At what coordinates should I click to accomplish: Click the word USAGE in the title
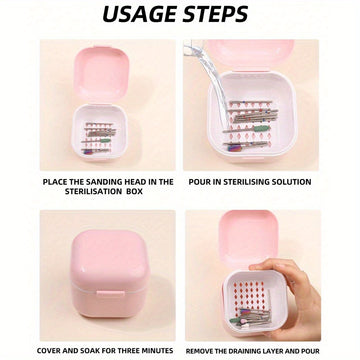(140, 14)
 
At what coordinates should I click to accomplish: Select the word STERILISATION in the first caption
(94, 192)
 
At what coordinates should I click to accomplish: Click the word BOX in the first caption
(135, 192)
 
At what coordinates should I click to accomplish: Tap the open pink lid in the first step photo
(101, 75)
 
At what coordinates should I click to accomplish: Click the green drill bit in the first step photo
(105, 140)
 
